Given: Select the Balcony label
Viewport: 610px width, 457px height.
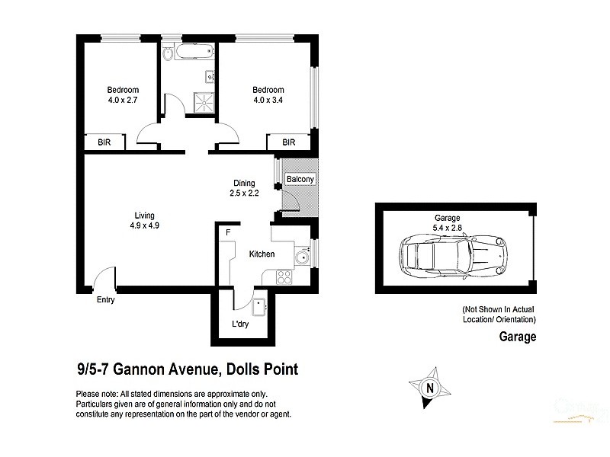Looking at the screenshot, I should click(x=300, y=179).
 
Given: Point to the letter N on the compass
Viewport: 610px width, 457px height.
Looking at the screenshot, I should click(x=430, y=388).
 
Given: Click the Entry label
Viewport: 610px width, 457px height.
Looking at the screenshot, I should click(x=105, y=300).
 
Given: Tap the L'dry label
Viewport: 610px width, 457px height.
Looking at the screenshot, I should click(x=240, y=324).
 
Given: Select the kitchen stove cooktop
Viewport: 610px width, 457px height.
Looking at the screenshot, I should click(x=285, y=277).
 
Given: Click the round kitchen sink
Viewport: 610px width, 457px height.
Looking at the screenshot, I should click(x=303, y=257).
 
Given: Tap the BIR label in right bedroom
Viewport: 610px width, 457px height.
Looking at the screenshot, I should click(x=289, y=142).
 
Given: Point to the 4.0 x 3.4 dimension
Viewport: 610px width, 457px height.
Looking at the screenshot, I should click(x=268, y=99).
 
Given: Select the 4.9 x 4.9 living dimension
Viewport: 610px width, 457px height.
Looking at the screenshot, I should click(x=144, y=225).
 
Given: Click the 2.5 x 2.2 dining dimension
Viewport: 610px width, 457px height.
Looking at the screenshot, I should click(x=245, y=193).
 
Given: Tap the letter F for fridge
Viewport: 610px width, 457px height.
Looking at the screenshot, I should click(x=226, y=232).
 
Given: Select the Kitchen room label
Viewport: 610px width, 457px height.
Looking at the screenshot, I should click(x=262, y=254).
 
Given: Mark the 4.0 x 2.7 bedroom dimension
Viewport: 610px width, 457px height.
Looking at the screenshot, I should click(x=123, y=99).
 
